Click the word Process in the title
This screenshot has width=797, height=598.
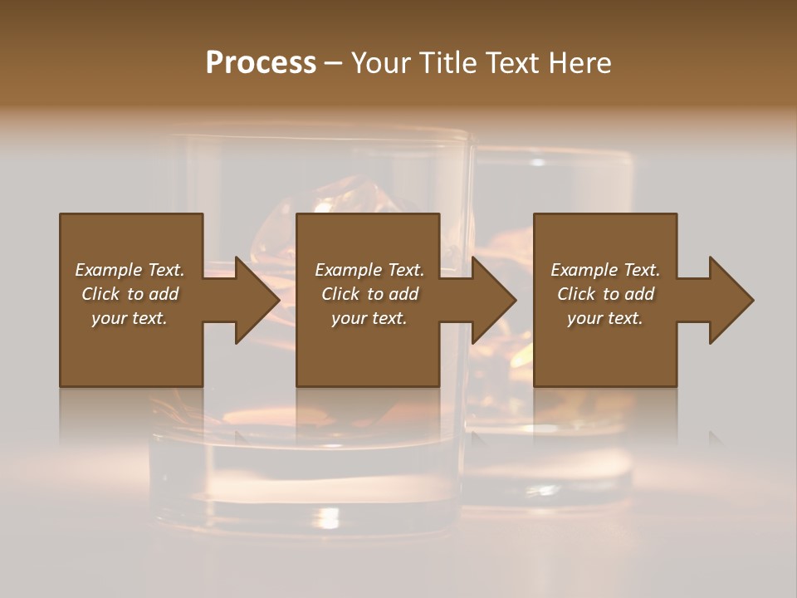261,62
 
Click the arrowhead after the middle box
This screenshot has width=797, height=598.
493,300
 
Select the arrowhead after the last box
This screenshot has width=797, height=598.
731,300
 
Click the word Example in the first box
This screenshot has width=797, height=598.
108,270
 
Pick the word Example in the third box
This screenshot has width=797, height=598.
584,270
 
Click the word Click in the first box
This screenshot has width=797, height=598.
100,294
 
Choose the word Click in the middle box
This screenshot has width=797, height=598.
340,294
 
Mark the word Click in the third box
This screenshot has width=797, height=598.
576,294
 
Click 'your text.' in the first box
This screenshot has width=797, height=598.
130,318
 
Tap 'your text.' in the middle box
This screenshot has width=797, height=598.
369,318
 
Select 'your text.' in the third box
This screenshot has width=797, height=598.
605,318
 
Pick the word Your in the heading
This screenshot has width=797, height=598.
381,62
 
